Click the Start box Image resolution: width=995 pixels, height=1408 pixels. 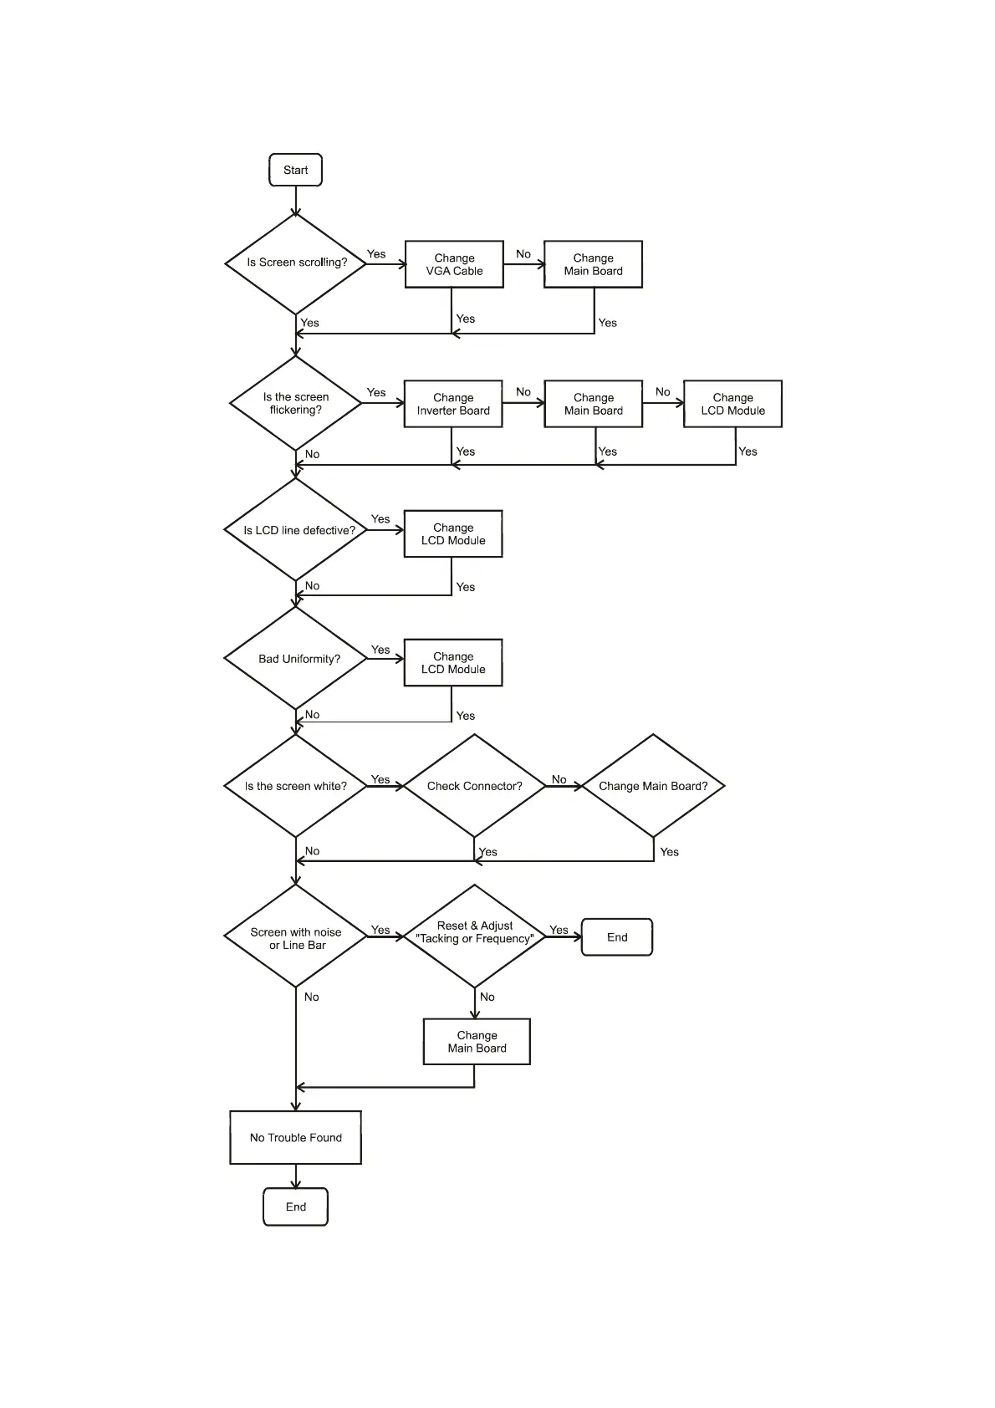click(295, 170)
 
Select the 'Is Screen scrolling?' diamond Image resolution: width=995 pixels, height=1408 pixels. click(296, 263)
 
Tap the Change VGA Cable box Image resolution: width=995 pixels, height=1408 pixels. click(454, 264)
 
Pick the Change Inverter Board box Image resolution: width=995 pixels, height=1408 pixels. click(453, 404)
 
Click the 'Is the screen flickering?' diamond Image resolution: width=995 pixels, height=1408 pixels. click(296, 403)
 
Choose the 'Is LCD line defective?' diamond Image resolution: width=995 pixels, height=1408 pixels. click(296, 530)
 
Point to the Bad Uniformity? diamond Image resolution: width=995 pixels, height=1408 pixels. click(296, 659)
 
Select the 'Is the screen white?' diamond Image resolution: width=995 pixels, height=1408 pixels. click(296, 786)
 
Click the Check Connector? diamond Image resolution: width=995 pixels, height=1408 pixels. click(474, 786)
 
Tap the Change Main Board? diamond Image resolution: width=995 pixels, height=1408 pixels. click(653, 786)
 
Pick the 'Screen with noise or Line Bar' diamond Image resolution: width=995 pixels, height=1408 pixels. click(296, 937)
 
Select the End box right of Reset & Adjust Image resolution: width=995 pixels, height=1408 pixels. click(617, 937)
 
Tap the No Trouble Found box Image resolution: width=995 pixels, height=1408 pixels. click(296, 1137)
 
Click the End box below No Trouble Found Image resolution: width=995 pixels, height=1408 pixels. click(296, 1206)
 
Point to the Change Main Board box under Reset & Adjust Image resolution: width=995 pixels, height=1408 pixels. click(477, 1042)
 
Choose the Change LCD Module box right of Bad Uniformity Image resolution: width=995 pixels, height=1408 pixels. click(453, 663)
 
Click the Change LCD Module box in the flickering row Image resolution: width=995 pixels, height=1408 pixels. click(732, 404)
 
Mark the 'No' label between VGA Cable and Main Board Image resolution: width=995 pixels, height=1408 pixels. click(523, 253)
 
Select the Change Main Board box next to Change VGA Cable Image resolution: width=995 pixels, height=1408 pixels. click(593, 264)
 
